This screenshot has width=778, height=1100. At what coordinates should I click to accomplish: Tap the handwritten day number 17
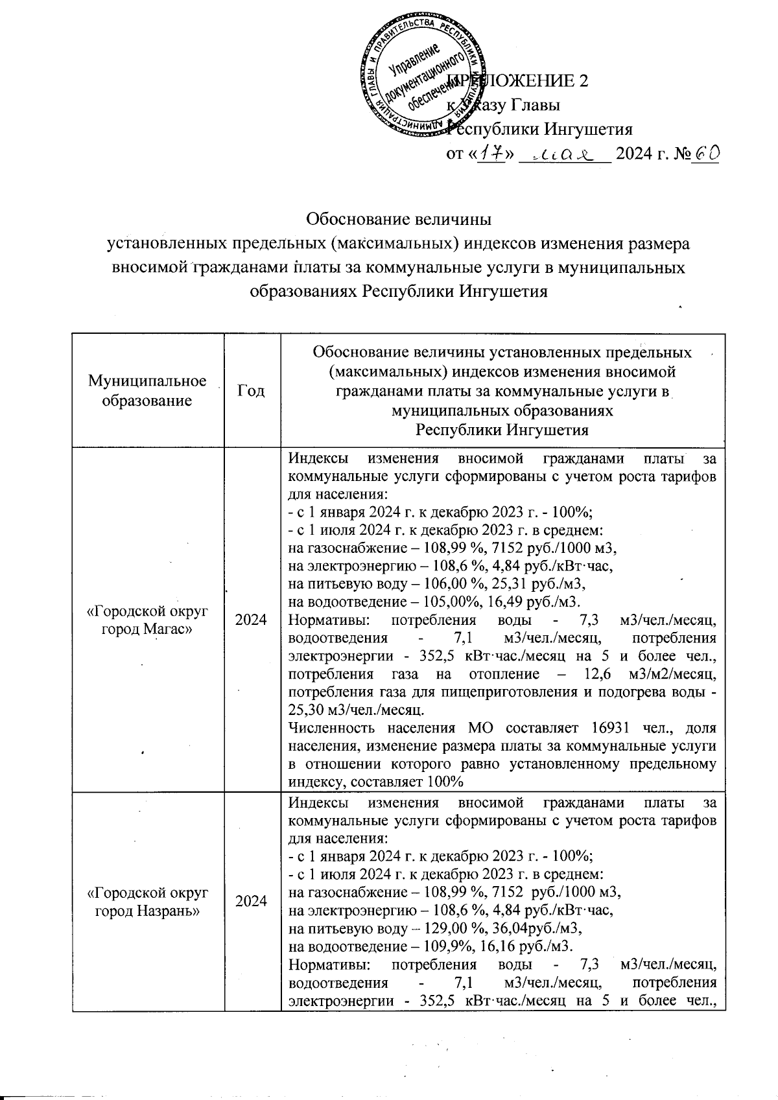(x=491, y=154)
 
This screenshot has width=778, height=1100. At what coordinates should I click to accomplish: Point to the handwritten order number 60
(x=704, y=153)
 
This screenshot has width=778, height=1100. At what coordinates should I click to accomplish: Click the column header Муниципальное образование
(x=148, y=390)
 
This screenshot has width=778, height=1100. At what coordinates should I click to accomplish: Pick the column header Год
(x=252, y=390)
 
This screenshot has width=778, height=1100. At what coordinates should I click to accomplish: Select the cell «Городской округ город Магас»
(x=148, y=619)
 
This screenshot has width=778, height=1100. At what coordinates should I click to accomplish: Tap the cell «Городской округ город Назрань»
(x=148, y=901)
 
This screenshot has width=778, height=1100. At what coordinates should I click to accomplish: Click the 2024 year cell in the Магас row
(x=252, y=619)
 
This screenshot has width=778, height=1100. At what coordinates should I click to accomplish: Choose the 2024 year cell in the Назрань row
(x=252, y=901)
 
